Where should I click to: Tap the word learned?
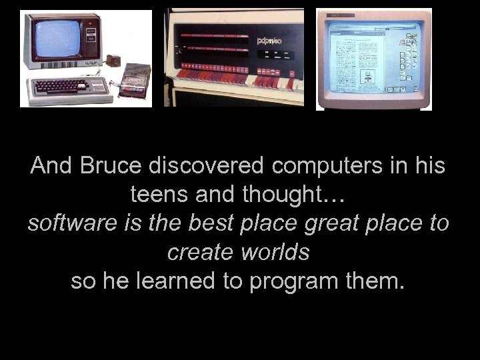coord(177,281)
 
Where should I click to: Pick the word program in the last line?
coord(293,281)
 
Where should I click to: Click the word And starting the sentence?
coord(52,166)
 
